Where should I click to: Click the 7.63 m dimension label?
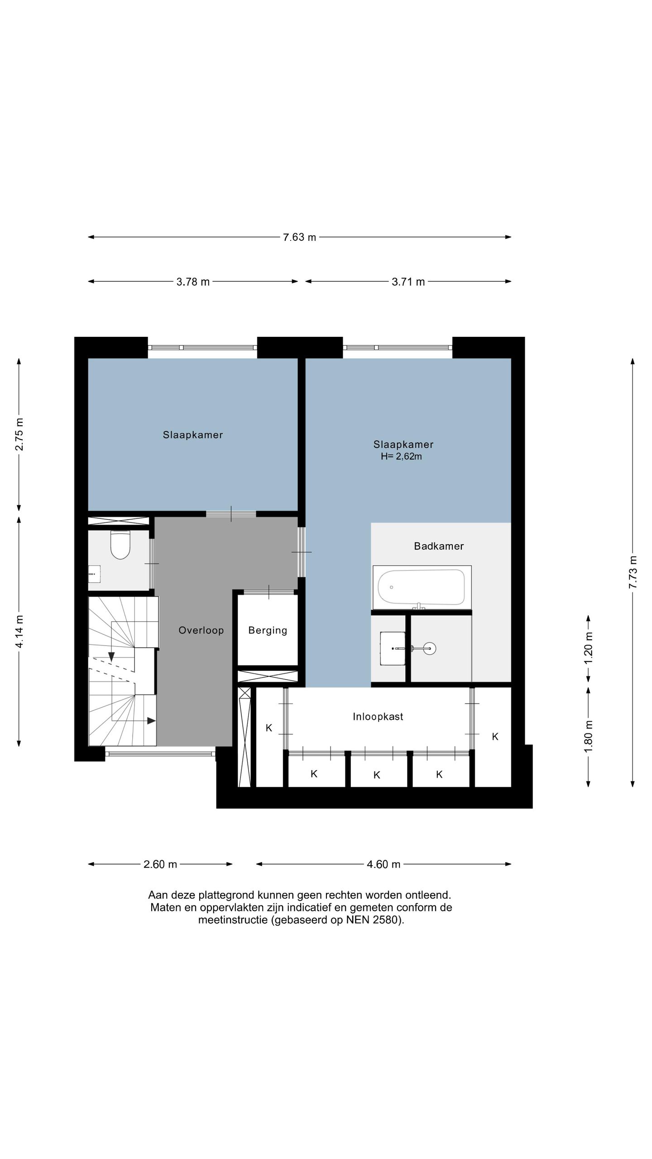(299, 237)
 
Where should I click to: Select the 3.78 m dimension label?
(193, 282)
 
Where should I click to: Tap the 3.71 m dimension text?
(408, 282)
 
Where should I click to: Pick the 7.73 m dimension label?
(633, 572)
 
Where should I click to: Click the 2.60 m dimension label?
(160, 864)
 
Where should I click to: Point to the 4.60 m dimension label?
(384, 864)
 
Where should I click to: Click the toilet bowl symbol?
(120, 545)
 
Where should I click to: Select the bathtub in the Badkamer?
(422, 587)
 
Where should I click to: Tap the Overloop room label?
(201, 630)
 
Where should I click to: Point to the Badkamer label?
(439, 546)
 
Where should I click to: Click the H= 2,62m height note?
(401, 456)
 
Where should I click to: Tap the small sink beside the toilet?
(94, 574)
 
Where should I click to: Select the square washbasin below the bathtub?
(393, 648)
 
